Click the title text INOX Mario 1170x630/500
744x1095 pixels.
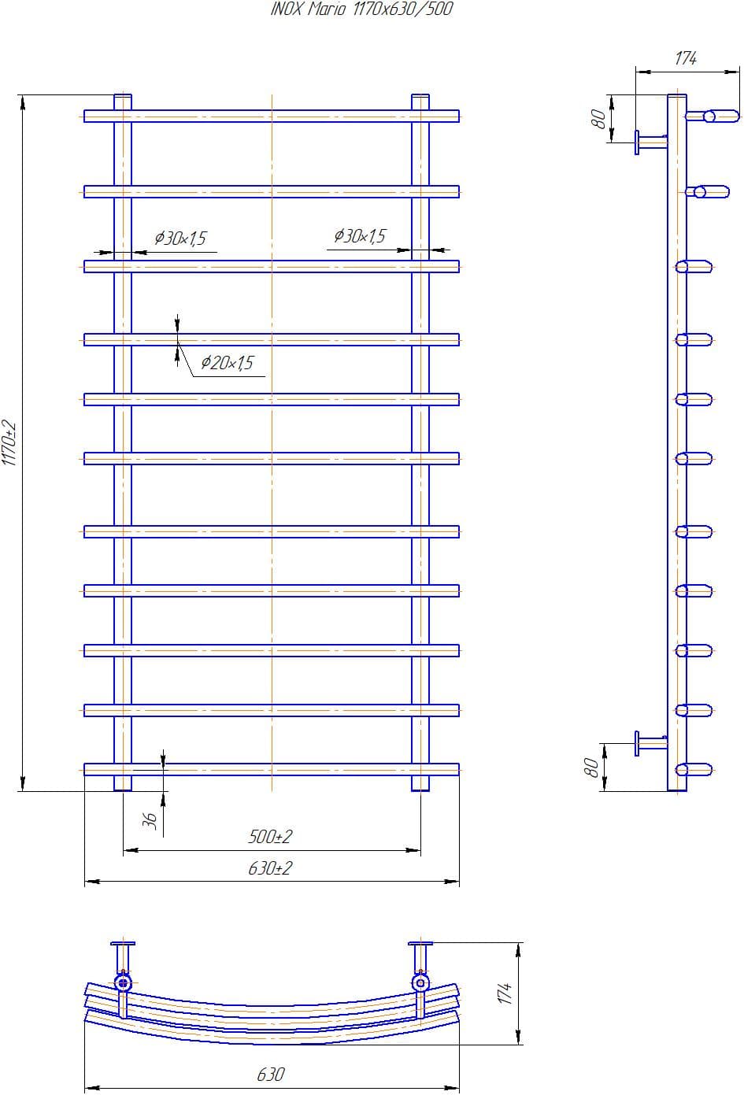361,9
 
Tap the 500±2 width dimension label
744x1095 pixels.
270,836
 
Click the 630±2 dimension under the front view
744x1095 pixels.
270,868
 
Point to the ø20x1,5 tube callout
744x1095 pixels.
227,363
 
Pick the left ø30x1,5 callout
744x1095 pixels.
180,238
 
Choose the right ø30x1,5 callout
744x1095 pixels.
360,235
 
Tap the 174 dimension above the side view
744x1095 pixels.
685,58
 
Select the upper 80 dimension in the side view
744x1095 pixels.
598,118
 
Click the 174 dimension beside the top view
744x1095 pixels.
505,993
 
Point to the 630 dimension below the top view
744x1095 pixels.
270,1074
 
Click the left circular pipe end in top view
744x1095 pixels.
123,982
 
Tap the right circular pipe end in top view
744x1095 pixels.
420,982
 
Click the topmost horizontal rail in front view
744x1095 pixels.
272,117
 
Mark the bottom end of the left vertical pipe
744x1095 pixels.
123,785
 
